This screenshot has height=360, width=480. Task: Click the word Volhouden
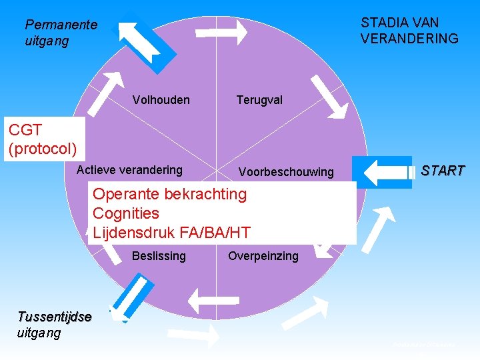coord(161,100)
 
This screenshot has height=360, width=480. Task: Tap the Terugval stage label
coord(259,100)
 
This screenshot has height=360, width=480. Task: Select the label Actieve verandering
coord(129,170)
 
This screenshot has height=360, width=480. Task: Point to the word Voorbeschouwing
coord(286,172)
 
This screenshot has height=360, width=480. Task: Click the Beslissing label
coord(159,256)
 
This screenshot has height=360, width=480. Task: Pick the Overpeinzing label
coord(263,256)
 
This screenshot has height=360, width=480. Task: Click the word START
coord(442,171)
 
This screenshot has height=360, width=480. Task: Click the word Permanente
coord(61,25)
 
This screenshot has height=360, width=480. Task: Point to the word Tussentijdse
coord(55,317)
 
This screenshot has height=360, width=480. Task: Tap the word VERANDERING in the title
coord(409,39)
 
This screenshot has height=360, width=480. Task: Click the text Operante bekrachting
coord(169,195)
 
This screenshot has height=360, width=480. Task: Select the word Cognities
coord(126,213)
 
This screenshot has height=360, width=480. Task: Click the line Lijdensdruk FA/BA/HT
coord(171,233)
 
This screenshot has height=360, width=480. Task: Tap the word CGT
coord(26,130)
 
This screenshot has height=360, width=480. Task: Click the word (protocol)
coord(43,147)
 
